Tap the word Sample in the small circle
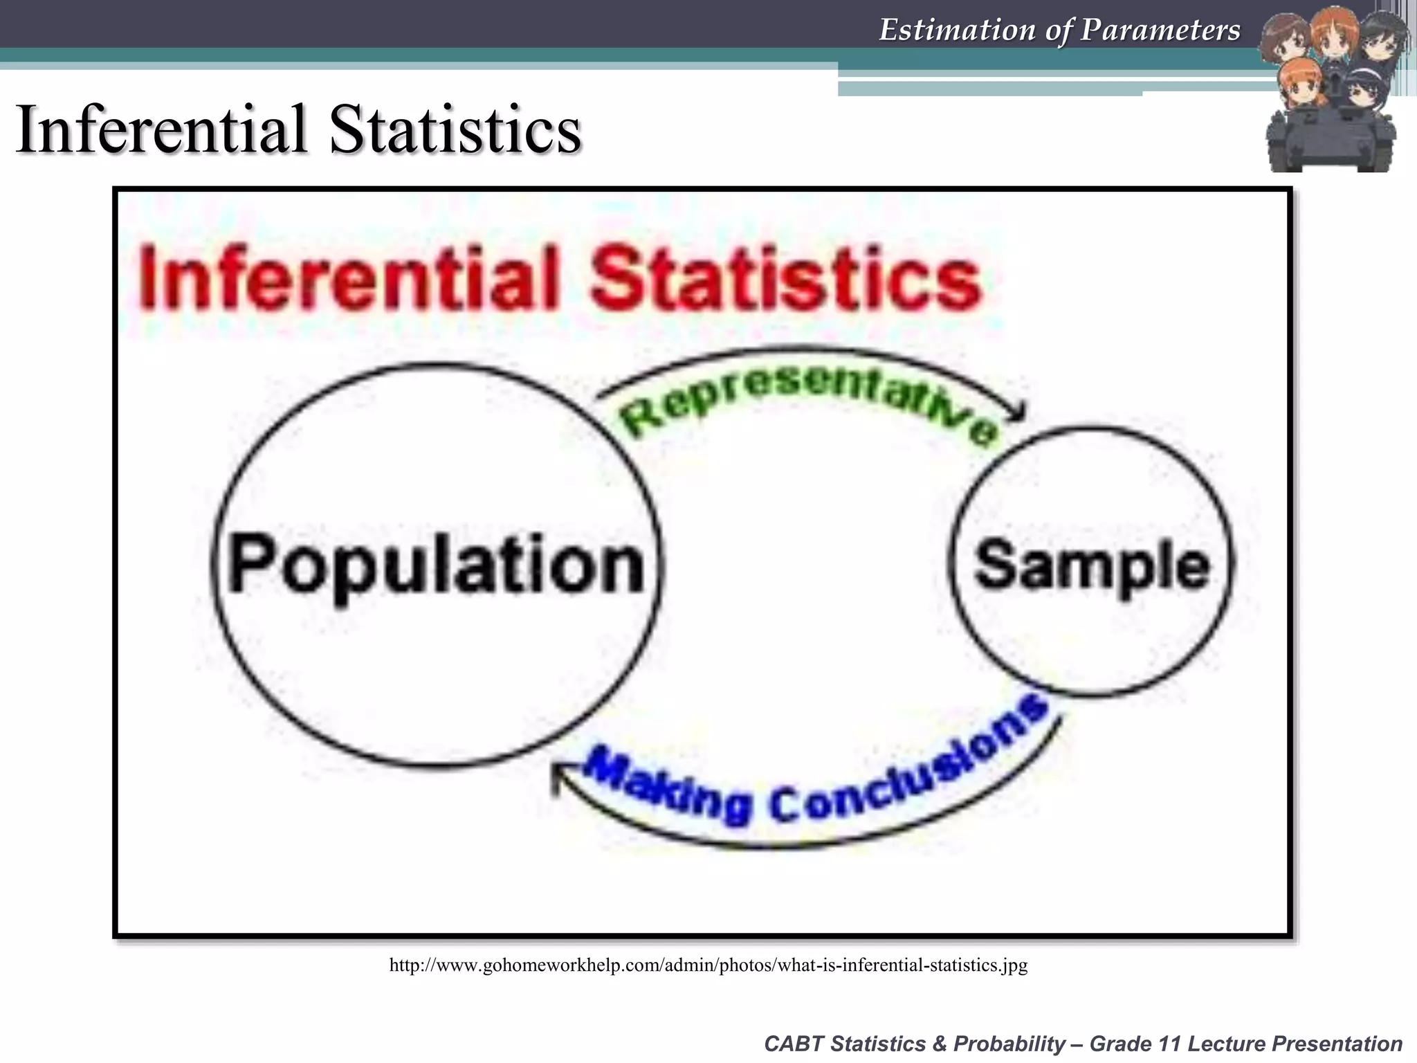pos(1092,566)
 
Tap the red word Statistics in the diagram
pos(785,278)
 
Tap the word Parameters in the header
pos(1160,30)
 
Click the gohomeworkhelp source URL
pos(708,965)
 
